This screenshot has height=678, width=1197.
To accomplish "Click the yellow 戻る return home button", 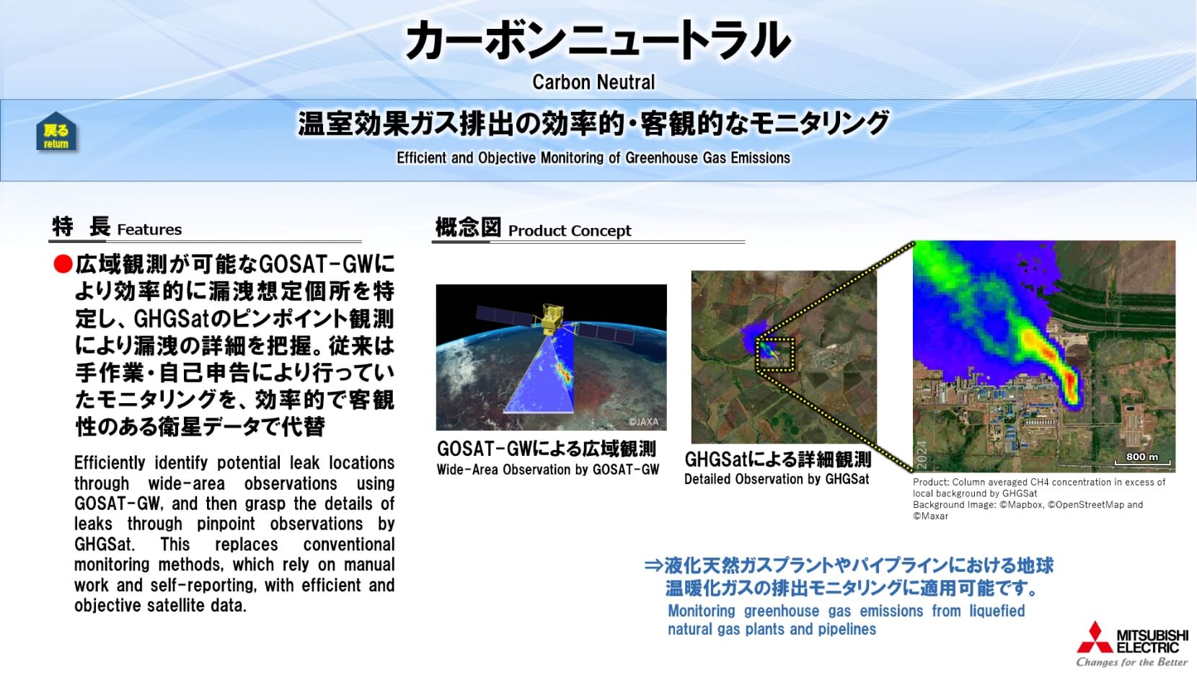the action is (x=56, y=131).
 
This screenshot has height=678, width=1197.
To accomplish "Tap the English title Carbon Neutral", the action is (x=593, y=82).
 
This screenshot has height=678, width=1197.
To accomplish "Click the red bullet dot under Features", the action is (x=63, y=264).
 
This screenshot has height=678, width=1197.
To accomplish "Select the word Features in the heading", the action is (x=150, y=230).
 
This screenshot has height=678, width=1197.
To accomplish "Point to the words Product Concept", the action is (x=570, y=231).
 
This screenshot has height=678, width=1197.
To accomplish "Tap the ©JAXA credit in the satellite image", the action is (x=643, y=422).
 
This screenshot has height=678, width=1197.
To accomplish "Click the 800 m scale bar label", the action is (x=1142, y=457).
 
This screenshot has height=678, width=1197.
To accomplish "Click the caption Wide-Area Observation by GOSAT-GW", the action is (x=548, y=470).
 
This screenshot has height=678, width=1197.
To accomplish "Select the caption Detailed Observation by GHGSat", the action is (x=777, y=479).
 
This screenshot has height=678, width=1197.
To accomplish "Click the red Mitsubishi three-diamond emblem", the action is (x=1095, y=638).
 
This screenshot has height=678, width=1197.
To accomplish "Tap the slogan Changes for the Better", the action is (x=1132, y=663).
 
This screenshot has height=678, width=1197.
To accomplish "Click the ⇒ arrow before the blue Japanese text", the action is (x=653, y=565).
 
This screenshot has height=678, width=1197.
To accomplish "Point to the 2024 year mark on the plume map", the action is (x=922, y=456).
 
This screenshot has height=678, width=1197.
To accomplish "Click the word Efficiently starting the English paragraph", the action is (x=110, y=462).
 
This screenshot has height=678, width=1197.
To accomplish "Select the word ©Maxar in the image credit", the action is (x=930, y=516).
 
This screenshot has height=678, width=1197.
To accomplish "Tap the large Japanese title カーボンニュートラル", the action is (x=598, y=40).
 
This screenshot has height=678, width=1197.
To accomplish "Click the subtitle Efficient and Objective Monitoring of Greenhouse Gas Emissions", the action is (x=593, y=158).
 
